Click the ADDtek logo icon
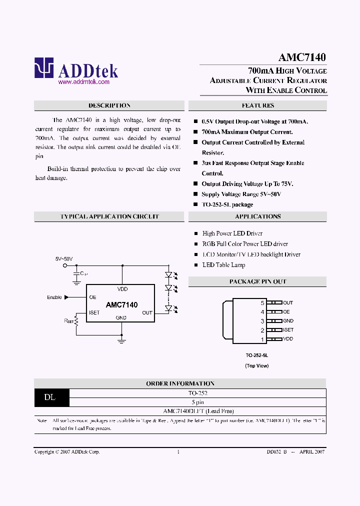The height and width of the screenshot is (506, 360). [43, 68]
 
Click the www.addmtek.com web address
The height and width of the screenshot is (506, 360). [83, 81]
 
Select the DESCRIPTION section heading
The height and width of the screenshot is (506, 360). [109, 105]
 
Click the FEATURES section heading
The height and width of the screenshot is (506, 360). [257, 105]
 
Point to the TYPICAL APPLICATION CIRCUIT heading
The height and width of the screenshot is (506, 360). [109, 216]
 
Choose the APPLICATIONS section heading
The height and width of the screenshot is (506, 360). [257, 216]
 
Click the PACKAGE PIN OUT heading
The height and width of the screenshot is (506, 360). [257, 281]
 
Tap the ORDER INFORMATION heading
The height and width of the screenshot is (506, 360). [180, 383]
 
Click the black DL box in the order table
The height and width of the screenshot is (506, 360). [50, 397]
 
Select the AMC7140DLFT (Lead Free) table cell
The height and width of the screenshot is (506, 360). [198, 411]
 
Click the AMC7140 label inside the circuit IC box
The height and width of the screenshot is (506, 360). [121, 304]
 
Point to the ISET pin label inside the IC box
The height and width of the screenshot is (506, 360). [94, 312]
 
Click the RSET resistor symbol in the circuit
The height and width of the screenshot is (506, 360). [76, 319]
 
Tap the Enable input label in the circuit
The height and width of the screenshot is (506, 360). [54, 297]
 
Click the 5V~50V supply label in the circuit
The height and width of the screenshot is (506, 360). [64, 259]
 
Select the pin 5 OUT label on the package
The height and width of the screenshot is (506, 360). [288, 302]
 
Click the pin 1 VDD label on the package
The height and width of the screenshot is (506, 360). [288, 339]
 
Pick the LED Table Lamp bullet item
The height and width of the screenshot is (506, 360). [223, 265]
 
